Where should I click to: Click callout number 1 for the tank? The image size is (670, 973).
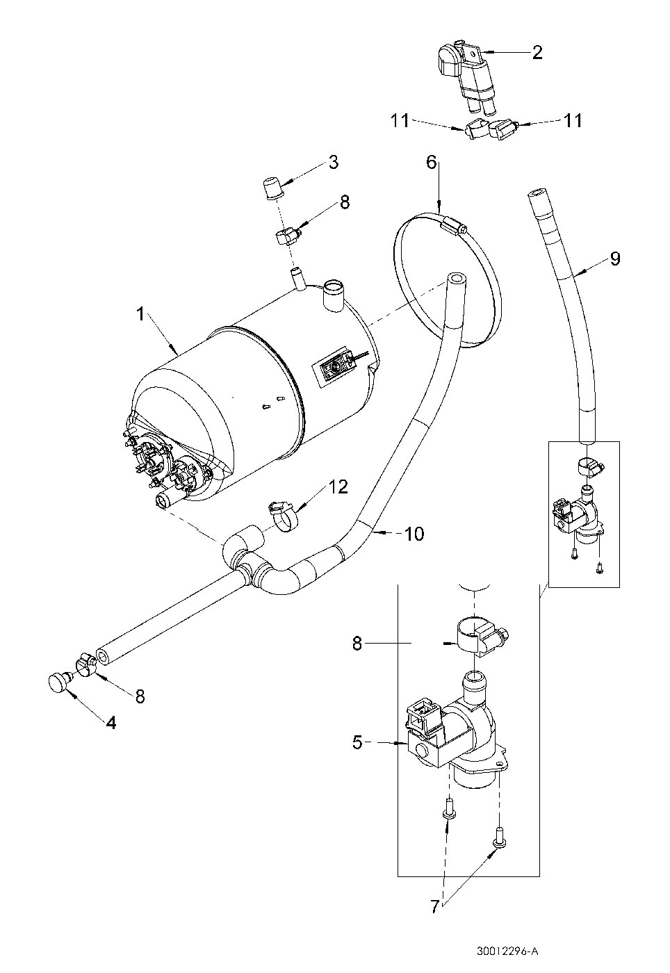(x=141, y=315)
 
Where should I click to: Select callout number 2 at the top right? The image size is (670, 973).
(x=537, y=53)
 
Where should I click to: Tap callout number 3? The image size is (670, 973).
(x=334, y=163)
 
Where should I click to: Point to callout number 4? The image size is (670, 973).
(x=111, y=722)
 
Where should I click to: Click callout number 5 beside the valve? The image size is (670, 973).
(x=357, y=743)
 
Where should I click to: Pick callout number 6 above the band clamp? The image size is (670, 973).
(x=431, y=163)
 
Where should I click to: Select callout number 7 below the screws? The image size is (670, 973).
(x=434, y=906)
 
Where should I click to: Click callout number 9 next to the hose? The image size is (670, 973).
(x=614, y=259)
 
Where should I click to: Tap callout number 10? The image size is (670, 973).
(x=414, y=534)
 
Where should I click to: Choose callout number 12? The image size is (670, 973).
(x=338, y=487)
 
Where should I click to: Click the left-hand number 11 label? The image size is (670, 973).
(x=400, y=120)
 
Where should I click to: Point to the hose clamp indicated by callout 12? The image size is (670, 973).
(x=283, y=515)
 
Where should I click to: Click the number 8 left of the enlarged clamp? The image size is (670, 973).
(x=357, y=644)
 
